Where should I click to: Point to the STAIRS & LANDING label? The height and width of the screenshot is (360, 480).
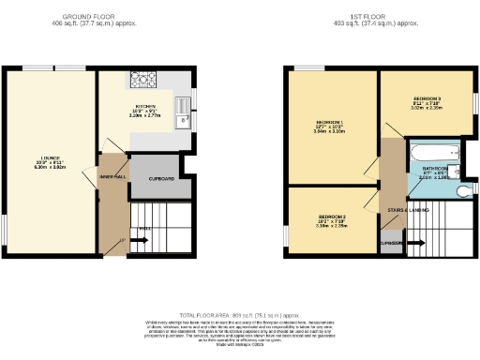408,211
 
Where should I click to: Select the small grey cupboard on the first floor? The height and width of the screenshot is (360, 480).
392,244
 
